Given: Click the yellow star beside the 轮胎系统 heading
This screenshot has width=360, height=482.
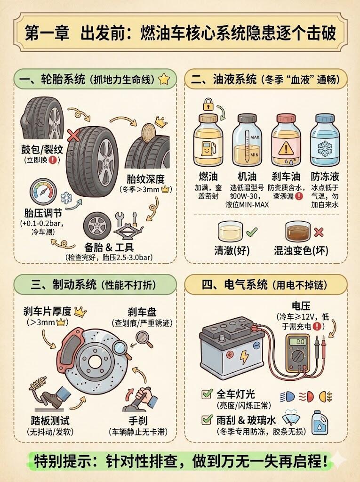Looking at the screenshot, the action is [164, 79].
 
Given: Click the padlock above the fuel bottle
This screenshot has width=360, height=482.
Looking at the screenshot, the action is [208, 104].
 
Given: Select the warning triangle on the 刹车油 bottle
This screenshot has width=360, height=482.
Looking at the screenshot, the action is [286, 148].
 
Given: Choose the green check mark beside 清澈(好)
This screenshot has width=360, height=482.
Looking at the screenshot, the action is [251, 231].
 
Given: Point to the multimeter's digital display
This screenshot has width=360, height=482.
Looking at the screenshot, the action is [297, 342].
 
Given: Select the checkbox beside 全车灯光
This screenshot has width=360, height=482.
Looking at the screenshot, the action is [207, 394].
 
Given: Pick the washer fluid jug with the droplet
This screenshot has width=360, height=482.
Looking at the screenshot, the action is [320, 423].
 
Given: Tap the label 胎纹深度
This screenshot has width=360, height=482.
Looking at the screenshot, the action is [146, 179].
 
